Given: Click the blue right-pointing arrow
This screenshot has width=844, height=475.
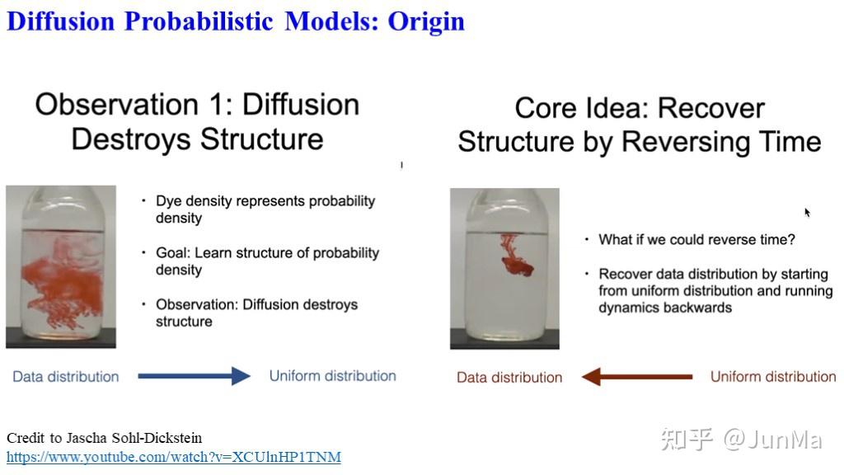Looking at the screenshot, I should pos(194,377).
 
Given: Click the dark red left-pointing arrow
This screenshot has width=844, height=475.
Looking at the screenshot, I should pos(636,377).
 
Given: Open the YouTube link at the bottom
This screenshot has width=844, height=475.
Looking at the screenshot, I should pos(173,457).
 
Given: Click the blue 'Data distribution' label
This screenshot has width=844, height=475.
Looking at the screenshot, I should pos(66,377).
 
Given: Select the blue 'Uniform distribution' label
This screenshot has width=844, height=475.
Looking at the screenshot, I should pos(332,376).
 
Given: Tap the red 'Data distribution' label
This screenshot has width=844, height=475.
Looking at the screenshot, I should pos(509,378).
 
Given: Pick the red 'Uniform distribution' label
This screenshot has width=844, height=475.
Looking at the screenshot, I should pos(773,377).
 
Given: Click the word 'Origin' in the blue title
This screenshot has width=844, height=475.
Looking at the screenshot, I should pos(426,21).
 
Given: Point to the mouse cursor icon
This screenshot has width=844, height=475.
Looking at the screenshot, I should pos(808,213).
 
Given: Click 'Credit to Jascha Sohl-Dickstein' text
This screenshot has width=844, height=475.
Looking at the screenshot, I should pos(104,438).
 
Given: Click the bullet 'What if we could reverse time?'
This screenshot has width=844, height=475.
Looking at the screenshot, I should pos(696,240).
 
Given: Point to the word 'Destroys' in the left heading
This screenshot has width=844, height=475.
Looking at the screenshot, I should pos(129,139).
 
